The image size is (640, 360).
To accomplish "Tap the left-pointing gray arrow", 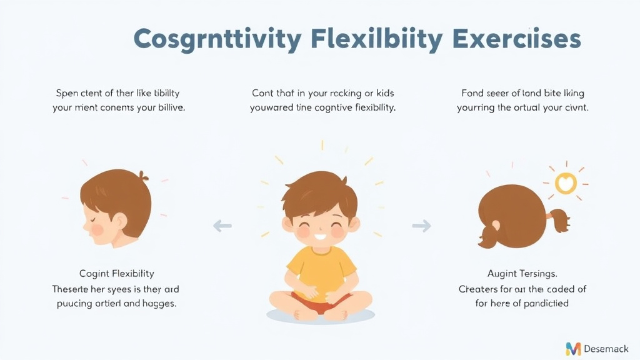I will click(x=222, y=225).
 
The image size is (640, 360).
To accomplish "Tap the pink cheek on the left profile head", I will click(x=97, y=229).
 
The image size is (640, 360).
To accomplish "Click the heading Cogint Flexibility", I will click(x=117, y=273).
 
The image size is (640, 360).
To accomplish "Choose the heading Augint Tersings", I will click(x=522, y=273).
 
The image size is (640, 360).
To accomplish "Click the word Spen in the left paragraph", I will click(x=67, y=93).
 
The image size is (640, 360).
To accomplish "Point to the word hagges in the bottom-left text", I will click(x=160, y=303).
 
